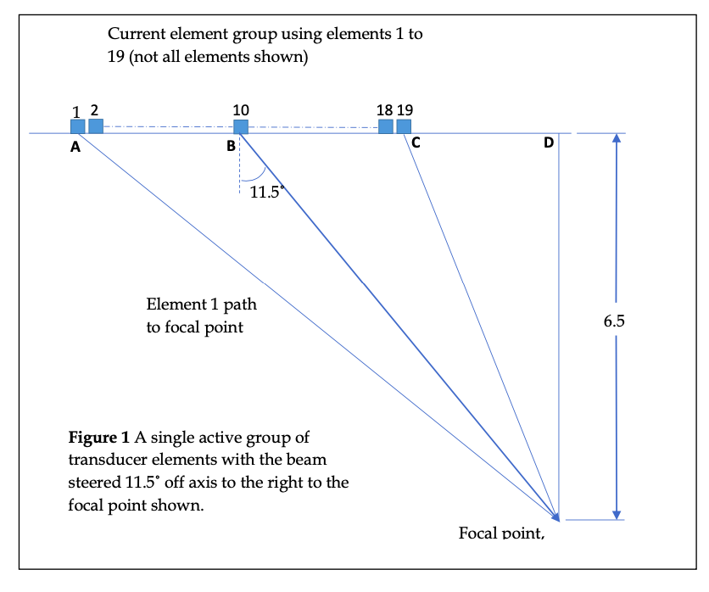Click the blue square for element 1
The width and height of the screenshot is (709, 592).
pyautogui.click(x=77, y=126)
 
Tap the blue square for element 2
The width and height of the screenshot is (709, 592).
pyautogui.click(x=96, y=126)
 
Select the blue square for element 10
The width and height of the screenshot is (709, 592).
pyautogui.click(x=241, y=127)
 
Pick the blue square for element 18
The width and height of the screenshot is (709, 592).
pyautogui.click(x=386, y=126)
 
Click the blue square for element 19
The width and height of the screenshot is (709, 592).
pyautogui.click(x=404, y=126)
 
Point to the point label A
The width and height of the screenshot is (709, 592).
pyautogui.click(x=75, y=147)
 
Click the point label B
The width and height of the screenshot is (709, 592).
pyautogui.click(x=230, y=147)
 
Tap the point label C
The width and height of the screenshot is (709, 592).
pyautogui.click(x=416, y=143)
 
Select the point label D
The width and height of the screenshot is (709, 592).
pyautogui.click(x=549, y=142)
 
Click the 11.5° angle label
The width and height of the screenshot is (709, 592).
pyautogui.click(x=265, y=192)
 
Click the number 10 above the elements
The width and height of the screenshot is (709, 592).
pyautogui.click(x=241, y=109)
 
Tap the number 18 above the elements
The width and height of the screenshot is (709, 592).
pyautogui.click(x=384, y=109)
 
